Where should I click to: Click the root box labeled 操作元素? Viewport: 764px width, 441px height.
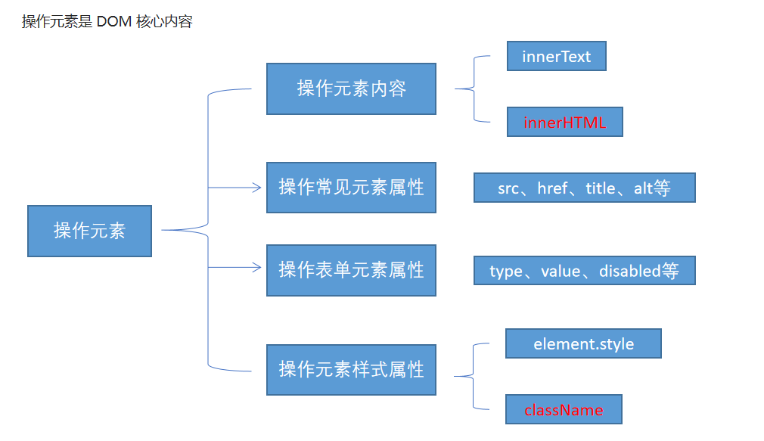(x=90, y=231)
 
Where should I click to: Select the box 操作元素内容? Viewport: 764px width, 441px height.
(x=351, y=89)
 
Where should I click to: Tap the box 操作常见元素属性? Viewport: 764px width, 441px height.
(x=351, y=188)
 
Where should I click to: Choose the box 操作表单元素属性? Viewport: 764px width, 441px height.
(x=351, y=270)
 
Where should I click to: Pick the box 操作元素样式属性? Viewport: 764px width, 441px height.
(x=351, y=369)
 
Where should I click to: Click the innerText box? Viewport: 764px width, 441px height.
(x=557, y=56)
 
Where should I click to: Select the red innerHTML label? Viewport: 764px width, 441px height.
(x=565, y=123)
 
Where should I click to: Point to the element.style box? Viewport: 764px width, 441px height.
(x=583, y=343)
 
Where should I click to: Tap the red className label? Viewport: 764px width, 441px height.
(x=564, y=410)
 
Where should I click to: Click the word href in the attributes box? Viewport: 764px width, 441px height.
(x=552, y=188)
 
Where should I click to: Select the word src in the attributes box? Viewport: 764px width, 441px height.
(x=508, y=188)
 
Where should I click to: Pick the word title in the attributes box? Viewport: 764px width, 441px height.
(x=601, y=188)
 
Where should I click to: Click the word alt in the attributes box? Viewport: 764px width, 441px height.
(x=643, y=188)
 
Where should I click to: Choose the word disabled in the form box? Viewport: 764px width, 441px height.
(x=630, y=271)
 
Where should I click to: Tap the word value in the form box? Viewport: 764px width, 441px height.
(x=561, y=271)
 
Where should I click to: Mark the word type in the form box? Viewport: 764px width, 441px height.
(x=506, y=272)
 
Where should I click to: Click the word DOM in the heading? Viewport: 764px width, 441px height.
(x=114, y=21)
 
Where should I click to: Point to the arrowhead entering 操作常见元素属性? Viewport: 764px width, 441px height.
(x=256, y=188)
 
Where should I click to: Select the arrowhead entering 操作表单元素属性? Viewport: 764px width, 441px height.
(x=256, y=268)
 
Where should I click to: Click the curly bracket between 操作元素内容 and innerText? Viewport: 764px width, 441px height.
(x=474, y=89)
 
